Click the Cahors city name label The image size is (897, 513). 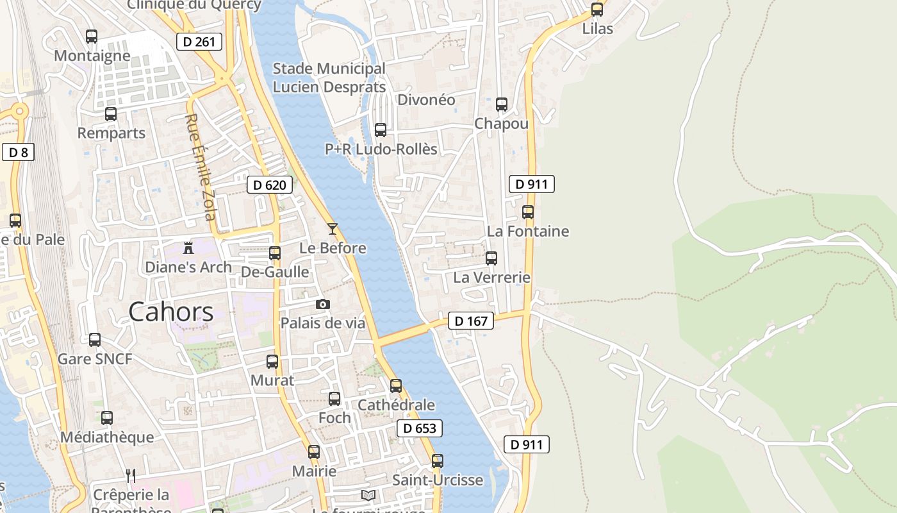[x=170, y=312]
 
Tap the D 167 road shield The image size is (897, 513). [x=471, y=321]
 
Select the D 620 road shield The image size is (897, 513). [x=269, y=185]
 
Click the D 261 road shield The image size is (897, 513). [x=199, y=42]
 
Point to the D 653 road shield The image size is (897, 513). [x=420, y=429]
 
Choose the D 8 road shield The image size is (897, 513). [x=18, y=152]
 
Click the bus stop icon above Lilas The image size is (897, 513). [x=597, y=10]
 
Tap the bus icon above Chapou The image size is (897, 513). [x=502, y=104]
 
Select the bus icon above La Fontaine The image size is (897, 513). [x=528, y=212]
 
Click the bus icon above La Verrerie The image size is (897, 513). [x=491, y=258]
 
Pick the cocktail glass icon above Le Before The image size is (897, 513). [x=333, y=228]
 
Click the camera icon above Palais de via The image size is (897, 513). [x=323, y=304]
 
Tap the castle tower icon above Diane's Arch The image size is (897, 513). [x=188, y=247]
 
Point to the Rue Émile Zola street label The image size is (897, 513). [x=200, y=167]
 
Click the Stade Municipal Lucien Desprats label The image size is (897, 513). [x=329, y=78]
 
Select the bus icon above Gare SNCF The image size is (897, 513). [x=95, y=339]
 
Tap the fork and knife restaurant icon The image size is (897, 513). [x=131, y=475]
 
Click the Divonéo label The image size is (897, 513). [x=426, y=100]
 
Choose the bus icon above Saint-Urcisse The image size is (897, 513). [x=438, y=460]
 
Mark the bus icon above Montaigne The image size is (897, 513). [x=92, y=36]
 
